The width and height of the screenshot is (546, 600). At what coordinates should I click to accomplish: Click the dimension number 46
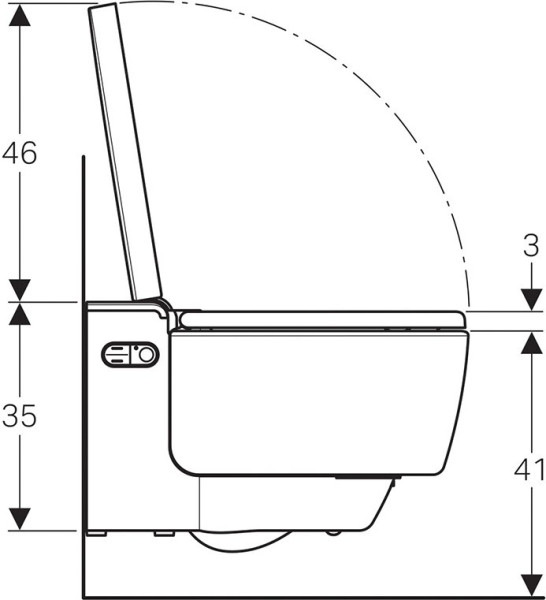click(x=20, y=153)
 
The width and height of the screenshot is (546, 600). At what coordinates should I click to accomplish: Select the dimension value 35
click(x=20, y=416)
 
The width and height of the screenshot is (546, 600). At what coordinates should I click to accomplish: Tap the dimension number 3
click(x=531, y=245)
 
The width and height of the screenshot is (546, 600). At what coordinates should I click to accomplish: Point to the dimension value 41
click(x=530, y=469)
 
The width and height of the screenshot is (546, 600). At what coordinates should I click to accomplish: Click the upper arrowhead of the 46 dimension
click(x=20, y=15)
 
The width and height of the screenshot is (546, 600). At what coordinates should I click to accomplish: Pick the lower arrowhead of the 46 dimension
click(x=20, y=290)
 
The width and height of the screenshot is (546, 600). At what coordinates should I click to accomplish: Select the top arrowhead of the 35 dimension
click(x=20, y=314)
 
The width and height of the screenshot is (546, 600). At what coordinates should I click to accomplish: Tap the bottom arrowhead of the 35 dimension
click(x=20, y=519)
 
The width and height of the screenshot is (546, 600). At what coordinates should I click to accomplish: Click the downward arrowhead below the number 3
click(x=532, y=300)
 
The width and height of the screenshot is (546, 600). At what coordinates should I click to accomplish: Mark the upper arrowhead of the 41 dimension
click(x=532, y=342)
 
